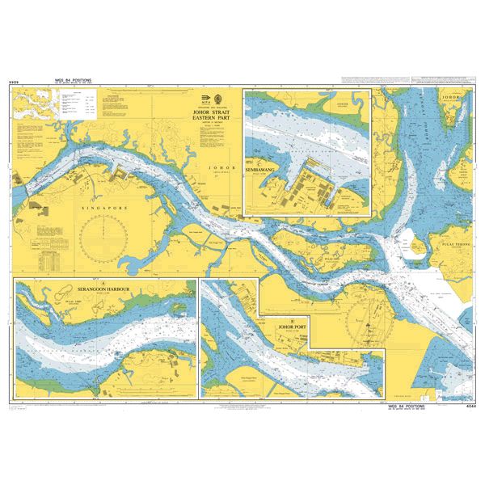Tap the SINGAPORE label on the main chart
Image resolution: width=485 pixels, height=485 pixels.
pyautogui.click(x=105, y=208)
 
